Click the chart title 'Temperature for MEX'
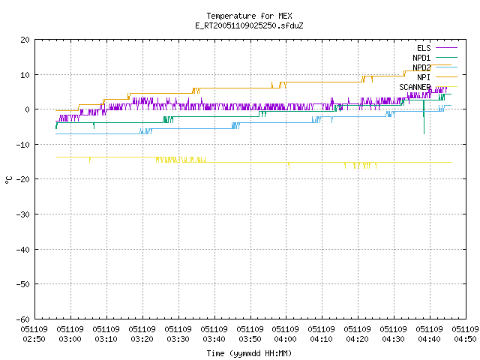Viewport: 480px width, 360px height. [x=249, y=16]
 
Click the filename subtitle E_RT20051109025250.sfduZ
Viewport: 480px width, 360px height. [x=249, y=25]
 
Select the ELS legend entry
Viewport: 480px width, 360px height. [x=437, y=48]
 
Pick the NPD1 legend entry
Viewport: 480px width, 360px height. [x=435, y=58]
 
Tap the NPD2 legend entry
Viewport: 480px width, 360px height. [x=435, y=67]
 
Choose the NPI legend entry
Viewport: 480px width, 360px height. [x=437, y=77]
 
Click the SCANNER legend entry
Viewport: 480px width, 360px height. [x=428, y=87]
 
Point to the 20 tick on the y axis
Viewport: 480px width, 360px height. [x=25, y=40]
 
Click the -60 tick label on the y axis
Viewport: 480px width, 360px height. [x=23, y=319]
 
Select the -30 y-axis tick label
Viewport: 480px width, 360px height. [x=23, y=214]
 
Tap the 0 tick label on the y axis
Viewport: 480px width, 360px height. [x=28, y=109]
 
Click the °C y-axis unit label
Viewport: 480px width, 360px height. [x=8, y=180]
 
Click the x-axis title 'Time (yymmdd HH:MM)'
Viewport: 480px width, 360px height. [x=249, y=353]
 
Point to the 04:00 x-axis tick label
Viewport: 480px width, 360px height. [x=285, y=334]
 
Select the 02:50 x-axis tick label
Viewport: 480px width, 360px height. [x=34, y=334]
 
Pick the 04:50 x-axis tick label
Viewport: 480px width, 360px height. [x=465, y=334]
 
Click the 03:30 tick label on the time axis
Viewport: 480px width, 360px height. [x=178, y=334]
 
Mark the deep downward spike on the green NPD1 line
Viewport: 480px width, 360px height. [x=424, y=118]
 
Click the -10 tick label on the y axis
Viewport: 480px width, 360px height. [x=23, y=145]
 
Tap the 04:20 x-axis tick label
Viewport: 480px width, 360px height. [x=357, y=334]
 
